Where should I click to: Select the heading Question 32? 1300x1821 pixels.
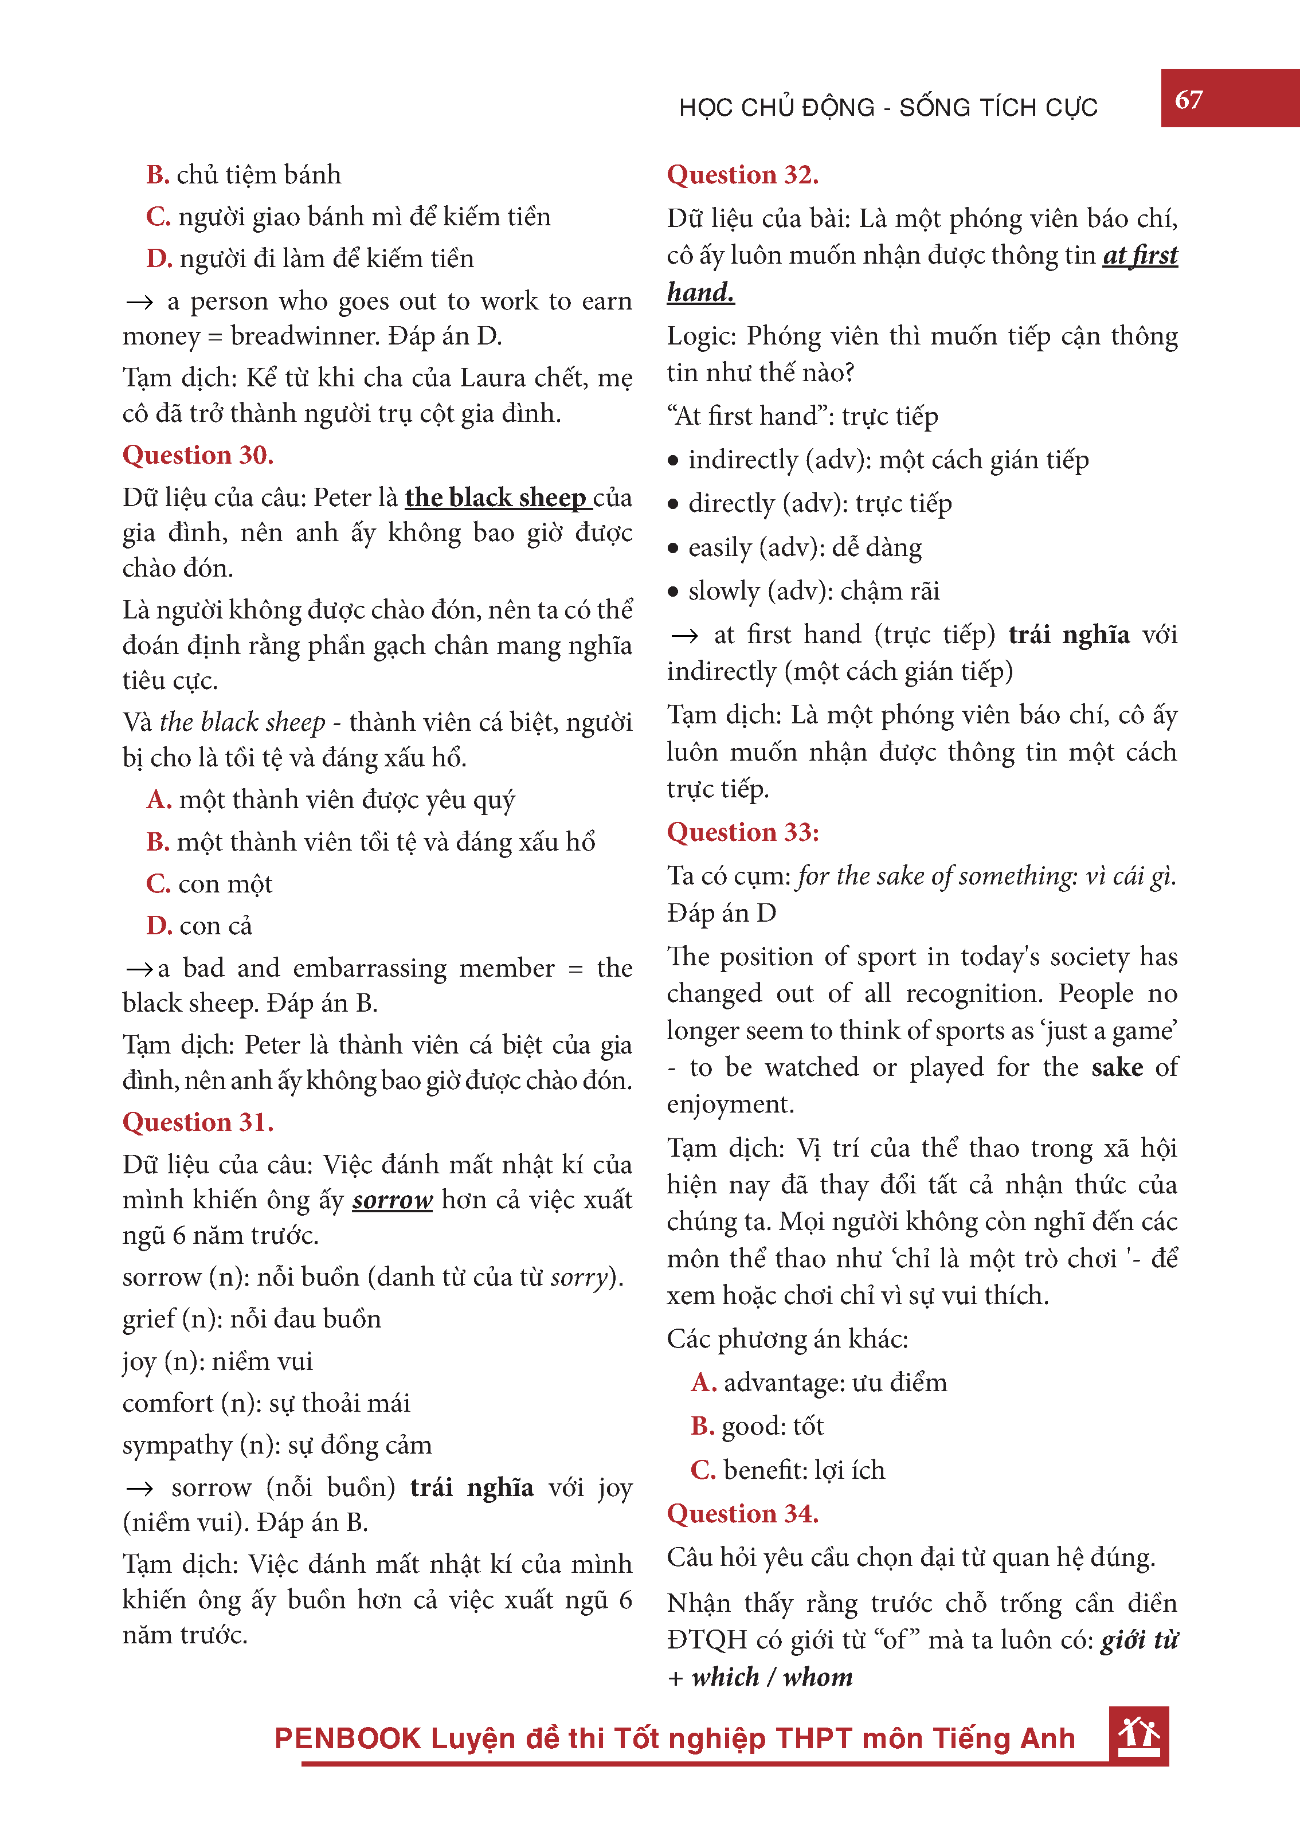pos(742,174)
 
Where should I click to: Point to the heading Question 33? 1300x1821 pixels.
pos(742,832)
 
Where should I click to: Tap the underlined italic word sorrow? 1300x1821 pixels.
pos(392,1199)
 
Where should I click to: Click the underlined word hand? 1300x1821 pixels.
pos(700,292)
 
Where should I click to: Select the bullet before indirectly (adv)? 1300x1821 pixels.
pos(673,461)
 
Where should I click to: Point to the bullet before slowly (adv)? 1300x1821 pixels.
pos(673,592)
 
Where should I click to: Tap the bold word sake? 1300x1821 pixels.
pos(1117,1067)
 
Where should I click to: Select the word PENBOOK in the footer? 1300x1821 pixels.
pos(347,1738)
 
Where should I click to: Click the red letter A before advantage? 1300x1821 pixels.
pos(703,1383)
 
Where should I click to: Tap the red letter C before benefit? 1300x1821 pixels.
pos(702,1470)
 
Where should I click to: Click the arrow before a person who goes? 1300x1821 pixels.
pos(139,301)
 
